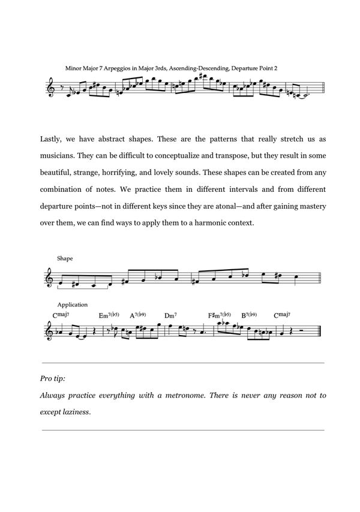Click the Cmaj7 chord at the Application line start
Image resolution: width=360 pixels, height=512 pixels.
(x=61, y=315)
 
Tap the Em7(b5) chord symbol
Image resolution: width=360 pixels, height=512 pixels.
(x=109, y=315)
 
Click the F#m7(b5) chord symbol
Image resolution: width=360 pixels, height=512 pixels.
(x=219, y=315)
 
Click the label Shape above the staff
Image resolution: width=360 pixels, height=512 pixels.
(x=65, y=258)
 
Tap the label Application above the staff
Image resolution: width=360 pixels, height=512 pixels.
(x=73, y=305)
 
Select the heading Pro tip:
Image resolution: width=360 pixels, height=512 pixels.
(x=53, y=380)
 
